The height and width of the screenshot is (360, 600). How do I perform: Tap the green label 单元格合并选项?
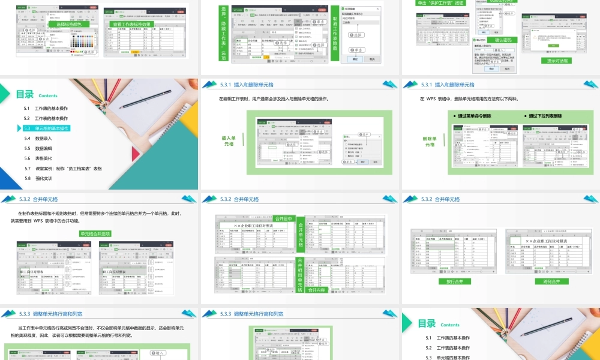tap(95, 234)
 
